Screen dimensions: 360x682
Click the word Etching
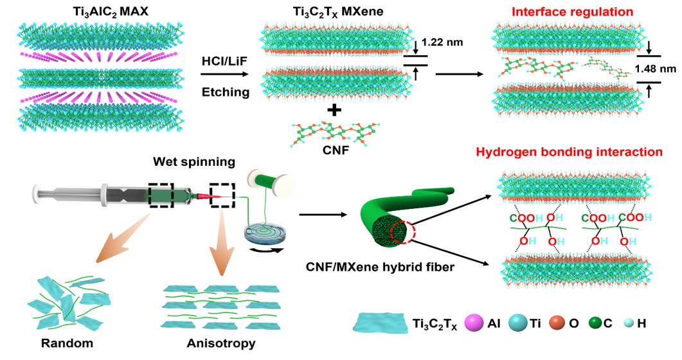224,92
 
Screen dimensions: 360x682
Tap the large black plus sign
334,111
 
